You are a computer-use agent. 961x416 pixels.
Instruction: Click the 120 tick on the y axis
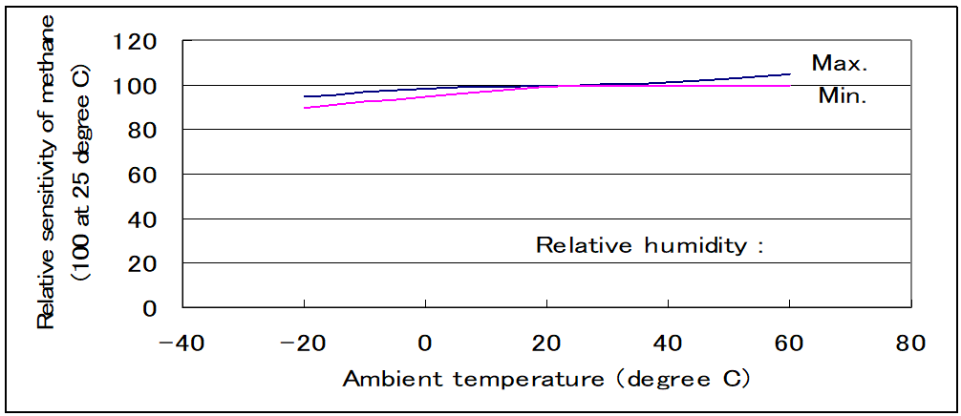pos(136,41)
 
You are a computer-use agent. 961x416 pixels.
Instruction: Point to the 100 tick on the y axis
pos(136,86)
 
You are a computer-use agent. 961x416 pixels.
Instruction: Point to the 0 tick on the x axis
pos(426,342)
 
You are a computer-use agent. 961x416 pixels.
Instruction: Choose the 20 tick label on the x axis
pos(546,342)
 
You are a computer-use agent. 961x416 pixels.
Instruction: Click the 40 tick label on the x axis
pos(668,342)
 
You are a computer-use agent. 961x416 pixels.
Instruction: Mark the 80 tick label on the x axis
pos(910,342)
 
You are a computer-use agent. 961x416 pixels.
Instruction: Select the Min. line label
pos(842,96)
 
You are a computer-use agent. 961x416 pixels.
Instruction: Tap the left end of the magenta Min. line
pos(305,108)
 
